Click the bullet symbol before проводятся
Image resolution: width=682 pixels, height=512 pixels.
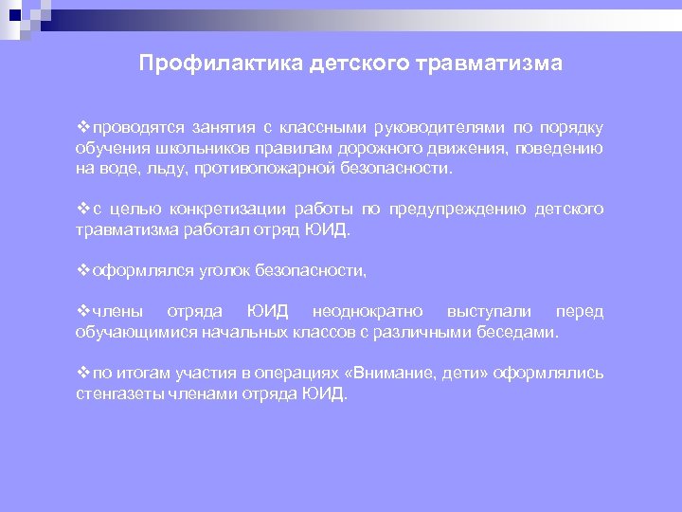(x=82, y=129)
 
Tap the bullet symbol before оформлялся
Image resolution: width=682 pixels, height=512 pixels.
(x=82, y=271)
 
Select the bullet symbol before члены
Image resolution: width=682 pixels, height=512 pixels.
(x=82, y=312)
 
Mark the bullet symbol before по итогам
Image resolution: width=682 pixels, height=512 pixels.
(x=82, y=374)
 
